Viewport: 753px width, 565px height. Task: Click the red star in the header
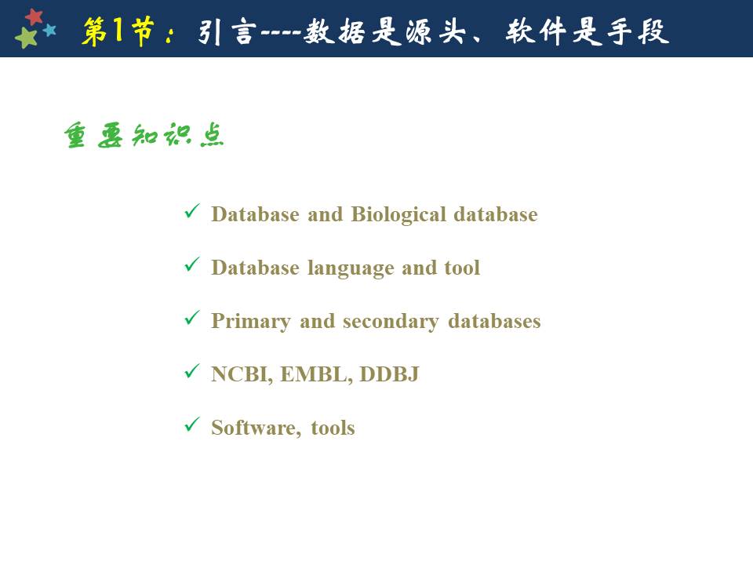(x=34, y=16)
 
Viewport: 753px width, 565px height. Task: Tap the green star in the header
(x=26, y=38)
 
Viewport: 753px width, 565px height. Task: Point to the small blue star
(x=49, y=31)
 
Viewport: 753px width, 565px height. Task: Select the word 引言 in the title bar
(x=225, y=32)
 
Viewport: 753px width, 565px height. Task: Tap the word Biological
(x=398, y=215)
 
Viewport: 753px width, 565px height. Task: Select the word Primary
(x=251, y=322)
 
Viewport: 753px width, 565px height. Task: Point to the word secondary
(x=391, y=322)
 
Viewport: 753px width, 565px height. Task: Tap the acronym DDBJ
(x=389, y=374)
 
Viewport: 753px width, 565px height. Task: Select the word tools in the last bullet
(x=333, y=428)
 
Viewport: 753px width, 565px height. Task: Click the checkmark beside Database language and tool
(x=192, y=264)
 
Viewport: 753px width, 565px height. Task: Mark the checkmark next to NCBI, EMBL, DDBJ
(x=192, y=370)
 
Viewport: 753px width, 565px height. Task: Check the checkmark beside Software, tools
(x=192, y=424)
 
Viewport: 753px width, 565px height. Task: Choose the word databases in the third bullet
(x=494, y=321)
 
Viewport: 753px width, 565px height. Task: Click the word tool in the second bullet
(x=462, y=268)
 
